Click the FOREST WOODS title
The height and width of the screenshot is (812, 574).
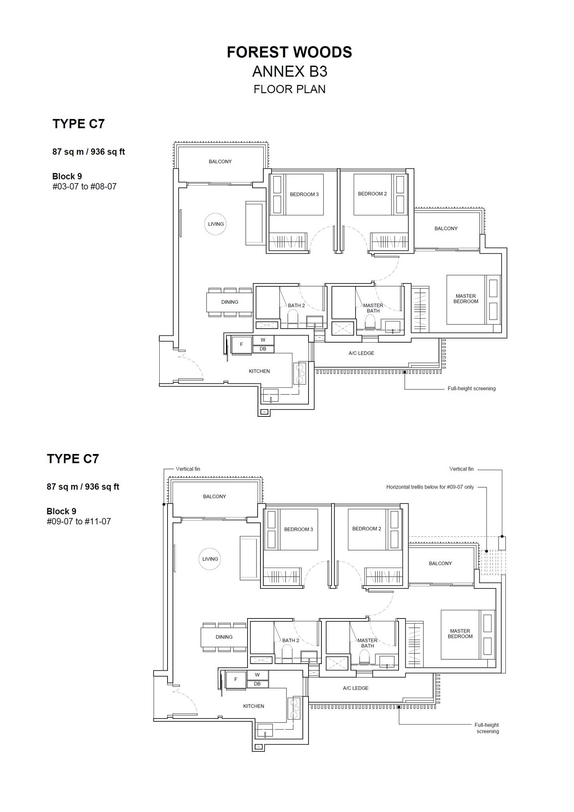[x=289, y=52]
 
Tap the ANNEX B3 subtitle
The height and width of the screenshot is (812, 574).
[x=290, y=72]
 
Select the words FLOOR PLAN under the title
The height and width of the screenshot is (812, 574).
[x=290, y=89]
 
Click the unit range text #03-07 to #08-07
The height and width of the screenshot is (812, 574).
[x=85, y=186]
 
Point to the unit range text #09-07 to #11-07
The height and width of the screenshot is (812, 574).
[x=79, y=521]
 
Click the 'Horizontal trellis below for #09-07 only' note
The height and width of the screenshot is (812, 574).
[x=430, y=487]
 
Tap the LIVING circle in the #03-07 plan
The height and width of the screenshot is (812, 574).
[x=216, y=224]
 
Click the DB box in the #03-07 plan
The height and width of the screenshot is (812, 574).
[x=263, y=349]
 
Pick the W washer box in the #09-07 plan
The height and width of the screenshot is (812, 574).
[x=258, y=675]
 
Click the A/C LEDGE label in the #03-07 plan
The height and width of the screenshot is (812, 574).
[x=361, y=353]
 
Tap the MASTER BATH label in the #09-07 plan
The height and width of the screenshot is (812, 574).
[x=367, y=643]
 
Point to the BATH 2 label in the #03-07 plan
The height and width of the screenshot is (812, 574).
[x=296, y=306]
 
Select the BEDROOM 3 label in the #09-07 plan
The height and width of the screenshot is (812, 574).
[x=298, y=529]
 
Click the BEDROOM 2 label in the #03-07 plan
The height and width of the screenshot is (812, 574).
[x=372, y=194]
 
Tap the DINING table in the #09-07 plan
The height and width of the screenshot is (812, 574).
[x=224, y=637]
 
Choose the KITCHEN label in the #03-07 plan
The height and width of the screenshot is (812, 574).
[x=259, y=371]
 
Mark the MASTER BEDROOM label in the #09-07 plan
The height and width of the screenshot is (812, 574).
[x=460, y=634]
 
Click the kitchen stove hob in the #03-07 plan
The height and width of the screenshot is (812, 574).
[x=300, y=374]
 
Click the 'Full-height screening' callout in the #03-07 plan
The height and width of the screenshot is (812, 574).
[x=471, y=388]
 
